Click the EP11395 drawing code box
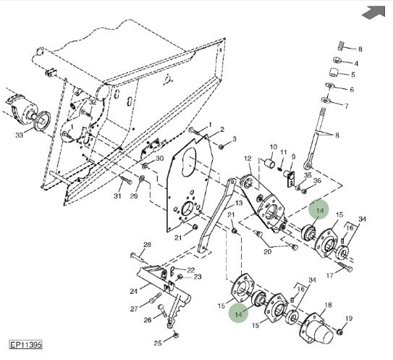pos(25,345)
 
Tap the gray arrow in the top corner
pos(374,12)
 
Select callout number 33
pos(20,135)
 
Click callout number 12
pos(248,159)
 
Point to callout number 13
pos(239,202)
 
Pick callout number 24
pos(134,291)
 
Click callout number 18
pos(328,305)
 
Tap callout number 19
pos(349,319)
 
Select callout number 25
pos(158,343)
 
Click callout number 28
pos(147,244)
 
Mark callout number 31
pos(117,196)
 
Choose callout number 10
pos(273,147)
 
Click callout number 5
pos(353,75)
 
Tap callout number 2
pos(222,129)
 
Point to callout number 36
pos(317,180)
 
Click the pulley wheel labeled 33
pos(41,121)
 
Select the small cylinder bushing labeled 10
pos(270,163)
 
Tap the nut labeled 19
pos(339,332)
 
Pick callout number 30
pos(160,159)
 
